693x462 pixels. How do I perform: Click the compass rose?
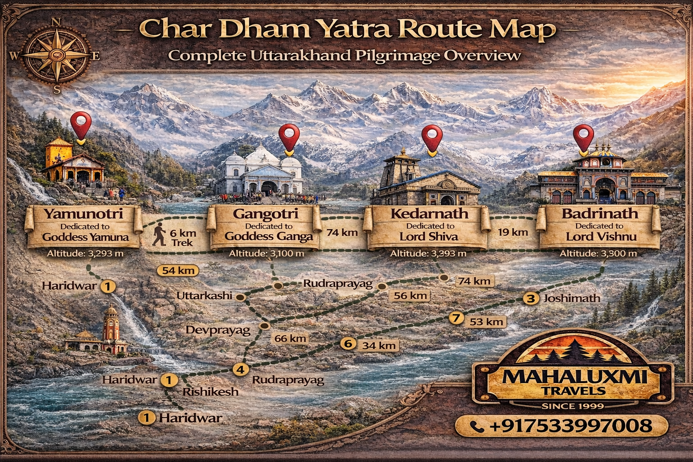57,55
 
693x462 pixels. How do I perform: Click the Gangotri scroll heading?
265,214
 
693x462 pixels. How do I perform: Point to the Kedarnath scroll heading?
429,213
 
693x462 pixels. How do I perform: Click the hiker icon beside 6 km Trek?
159,236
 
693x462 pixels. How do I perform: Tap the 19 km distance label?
513,233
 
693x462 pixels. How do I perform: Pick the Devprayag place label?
218,330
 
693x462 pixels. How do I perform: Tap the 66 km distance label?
290,338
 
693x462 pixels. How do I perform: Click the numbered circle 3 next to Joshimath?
531,298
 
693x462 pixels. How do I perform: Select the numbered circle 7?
456,318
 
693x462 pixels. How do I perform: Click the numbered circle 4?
240,370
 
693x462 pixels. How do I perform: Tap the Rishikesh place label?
210,392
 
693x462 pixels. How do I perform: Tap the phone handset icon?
477,426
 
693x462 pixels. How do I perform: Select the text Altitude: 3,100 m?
266,254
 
